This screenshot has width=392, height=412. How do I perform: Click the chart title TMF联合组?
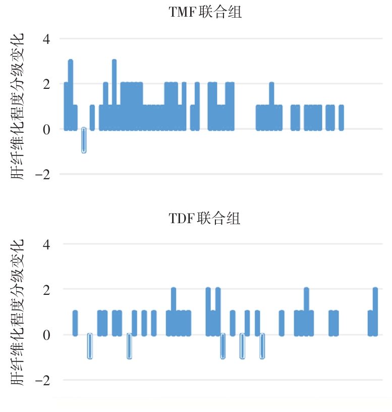click(x=205, y=13)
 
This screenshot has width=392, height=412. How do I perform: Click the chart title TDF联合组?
click(x=204, y=219)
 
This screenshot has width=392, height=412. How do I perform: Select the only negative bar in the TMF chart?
click(x=84, y=140)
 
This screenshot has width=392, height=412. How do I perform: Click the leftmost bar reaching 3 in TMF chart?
click(x=71, y=95)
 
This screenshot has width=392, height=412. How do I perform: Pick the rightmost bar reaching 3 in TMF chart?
click(x=115, y=95)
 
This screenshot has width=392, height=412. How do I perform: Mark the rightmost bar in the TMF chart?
click(x=342, y=118)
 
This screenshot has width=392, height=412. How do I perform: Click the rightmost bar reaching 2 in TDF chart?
click(x=375, y=312)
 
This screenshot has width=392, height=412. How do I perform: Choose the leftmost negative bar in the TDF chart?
click(x=90, y=346)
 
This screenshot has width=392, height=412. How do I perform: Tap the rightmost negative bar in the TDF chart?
click(x=262, y=346)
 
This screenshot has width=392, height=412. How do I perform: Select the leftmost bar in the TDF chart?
click(x=75, y=323)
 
